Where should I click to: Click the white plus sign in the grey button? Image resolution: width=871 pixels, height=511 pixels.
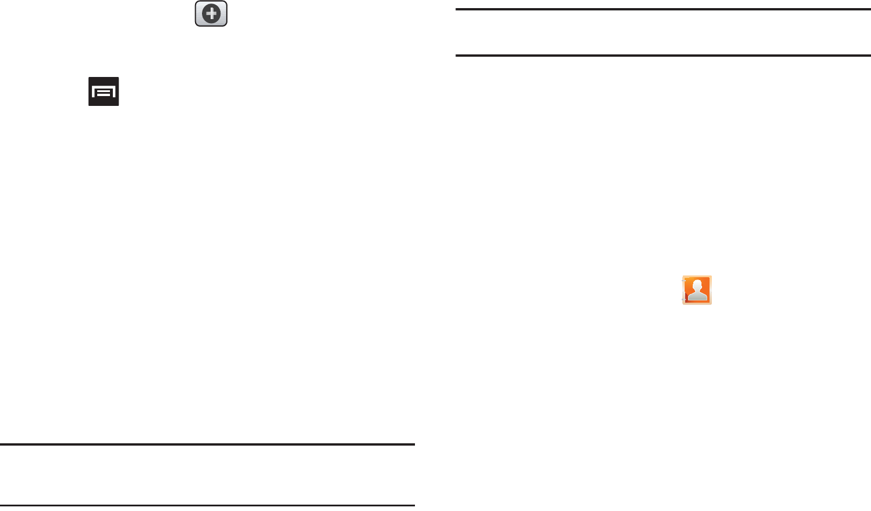(211, 14)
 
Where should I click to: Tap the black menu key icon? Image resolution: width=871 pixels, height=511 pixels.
(104, 91)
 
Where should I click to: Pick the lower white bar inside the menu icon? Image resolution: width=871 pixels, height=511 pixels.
(104, 94)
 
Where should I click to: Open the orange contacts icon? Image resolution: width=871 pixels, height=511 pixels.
(697, 290)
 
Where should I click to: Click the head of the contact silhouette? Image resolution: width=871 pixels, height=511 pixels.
(699, 286)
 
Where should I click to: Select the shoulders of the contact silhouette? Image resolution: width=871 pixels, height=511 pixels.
(699, 297)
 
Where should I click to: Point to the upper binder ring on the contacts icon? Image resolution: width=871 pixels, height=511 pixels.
(683, 281)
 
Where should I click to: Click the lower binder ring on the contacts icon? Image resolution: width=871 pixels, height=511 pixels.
(683, 299)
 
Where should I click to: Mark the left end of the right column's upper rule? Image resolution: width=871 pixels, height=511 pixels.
(457, 9)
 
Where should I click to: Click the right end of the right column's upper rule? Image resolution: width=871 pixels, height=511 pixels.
(869, 9)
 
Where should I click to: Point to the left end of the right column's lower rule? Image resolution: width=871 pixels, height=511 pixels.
(457, 56)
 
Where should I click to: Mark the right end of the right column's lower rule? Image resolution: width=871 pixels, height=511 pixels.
(869, 56)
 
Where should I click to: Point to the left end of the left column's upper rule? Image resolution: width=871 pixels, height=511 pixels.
(2, 444)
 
